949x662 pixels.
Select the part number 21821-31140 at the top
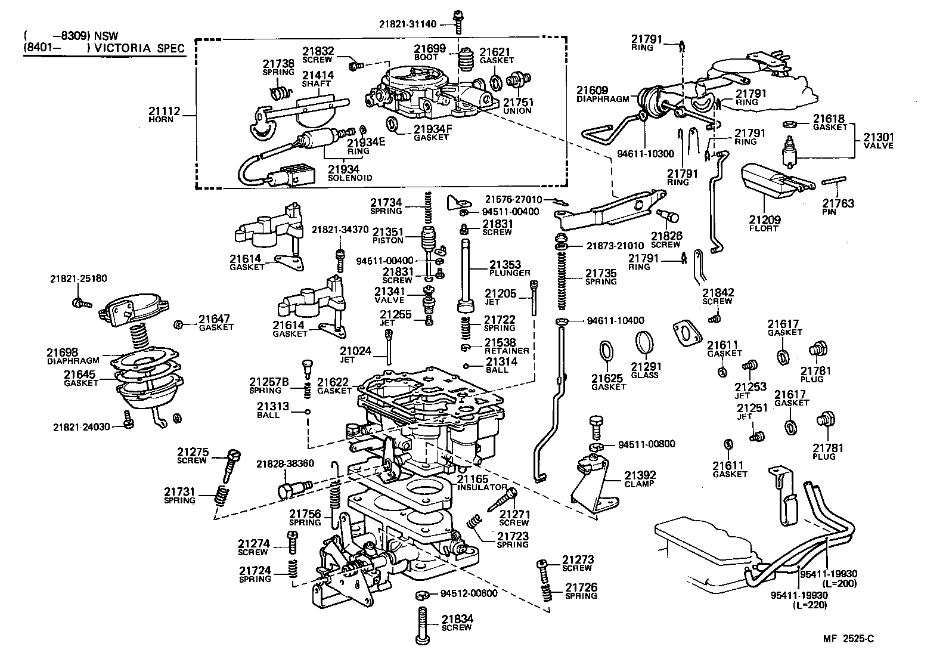[408, 24]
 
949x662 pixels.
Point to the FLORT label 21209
[765, 220]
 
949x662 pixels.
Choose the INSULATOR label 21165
[473, 479]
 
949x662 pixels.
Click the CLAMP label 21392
[640, 476]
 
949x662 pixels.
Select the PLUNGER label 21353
[505, 264]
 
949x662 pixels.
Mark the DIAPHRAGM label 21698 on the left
[63, 352]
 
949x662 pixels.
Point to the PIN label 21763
[838, 203]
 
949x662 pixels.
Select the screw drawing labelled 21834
[422, 624]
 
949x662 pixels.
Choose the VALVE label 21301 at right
[879, 138]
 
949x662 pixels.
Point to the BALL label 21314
[501, 361]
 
